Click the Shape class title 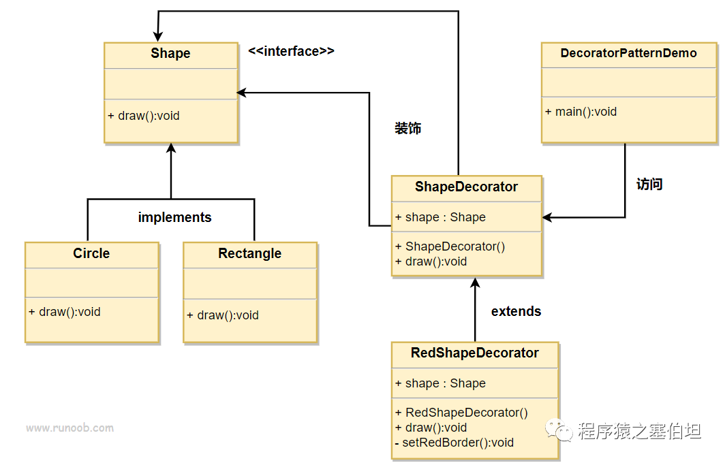[170, 54]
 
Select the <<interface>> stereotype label [291, 51]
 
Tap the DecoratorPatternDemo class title [628, 53]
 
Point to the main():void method [581, 112]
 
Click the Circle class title [91, 253]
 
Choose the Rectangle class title [249, 253]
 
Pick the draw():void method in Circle [65, 312]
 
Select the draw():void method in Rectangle [223, 315]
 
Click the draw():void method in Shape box [144, 116]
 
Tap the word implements [174, 217]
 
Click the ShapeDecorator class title [466, 187]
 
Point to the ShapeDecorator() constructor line [450, 246]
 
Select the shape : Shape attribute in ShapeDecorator [440, 217]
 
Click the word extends [516, 311]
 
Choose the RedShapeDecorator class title [474, 353]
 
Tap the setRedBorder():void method [454, 442]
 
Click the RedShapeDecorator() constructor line [461, 413]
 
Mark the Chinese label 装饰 [407, 128]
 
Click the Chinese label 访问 [649, 184]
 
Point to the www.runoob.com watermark [70, 428]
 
